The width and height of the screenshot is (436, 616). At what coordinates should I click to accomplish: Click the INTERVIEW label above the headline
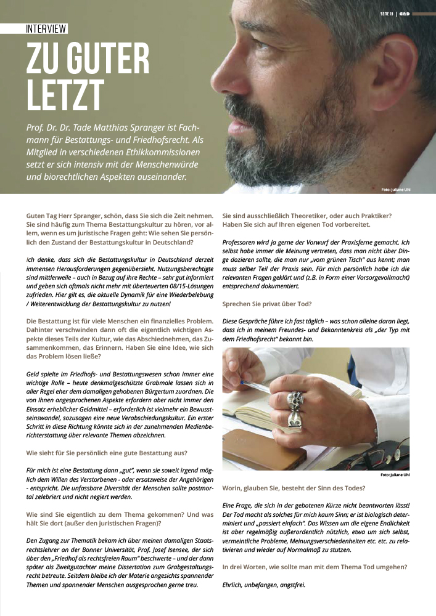tap(47, 29)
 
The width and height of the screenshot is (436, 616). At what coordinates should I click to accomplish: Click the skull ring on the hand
tap(295, 401)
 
